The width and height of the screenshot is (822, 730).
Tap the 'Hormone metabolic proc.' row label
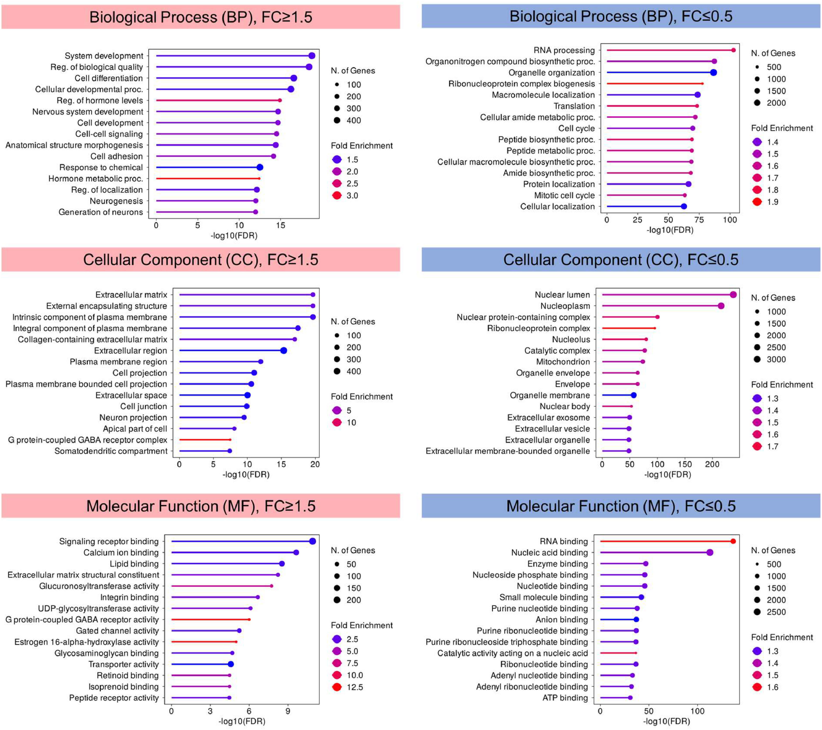(96, 178)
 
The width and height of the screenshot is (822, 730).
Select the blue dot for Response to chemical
(260, 167)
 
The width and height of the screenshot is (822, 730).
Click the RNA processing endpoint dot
(733, 50)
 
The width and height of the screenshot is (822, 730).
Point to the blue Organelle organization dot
(714, 72)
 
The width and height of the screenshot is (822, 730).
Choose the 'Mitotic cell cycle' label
(564, 195)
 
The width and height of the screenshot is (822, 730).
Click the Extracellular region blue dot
(283, 350)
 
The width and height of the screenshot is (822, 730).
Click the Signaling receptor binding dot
(312, 541)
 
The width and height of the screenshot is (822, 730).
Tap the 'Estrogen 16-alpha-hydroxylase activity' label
(86, 642)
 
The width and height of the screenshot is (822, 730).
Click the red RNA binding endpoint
(733, 541)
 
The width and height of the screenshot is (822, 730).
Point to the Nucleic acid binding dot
(710, 552)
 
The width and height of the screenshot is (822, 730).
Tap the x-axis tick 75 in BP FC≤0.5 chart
(699, 220)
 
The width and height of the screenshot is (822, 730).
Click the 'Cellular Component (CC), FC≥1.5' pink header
(201, 260)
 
